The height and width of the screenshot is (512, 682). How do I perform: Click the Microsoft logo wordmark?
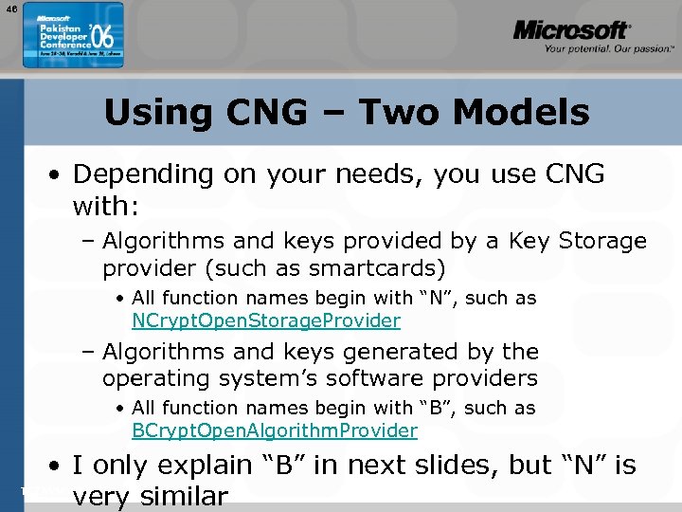pyautogui.click(x=571, y=30)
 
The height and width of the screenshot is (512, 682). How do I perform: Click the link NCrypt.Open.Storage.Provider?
pyautogui.click(x=266, y=320)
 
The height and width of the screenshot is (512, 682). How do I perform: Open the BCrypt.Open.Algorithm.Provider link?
pyautogui.click(x=275, y=430)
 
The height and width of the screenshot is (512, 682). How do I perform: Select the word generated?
pyautogui.click(x=412, y=352)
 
